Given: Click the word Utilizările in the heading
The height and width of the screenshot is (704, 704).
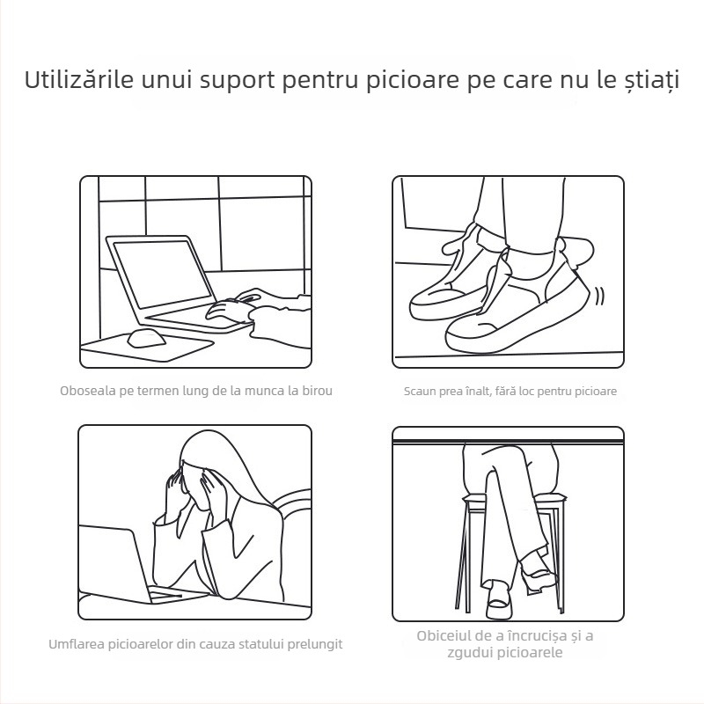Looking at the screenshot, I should (79, 80).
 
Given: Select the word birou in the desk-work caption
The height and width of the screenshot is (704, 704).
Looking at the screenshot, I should (316, 390).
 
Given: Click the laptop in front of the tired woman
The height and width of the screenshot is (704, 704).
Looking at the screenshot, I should (114, 563).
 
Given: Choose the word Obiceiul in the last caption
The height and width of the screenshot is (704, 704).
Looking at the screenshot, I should (444, 635).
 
